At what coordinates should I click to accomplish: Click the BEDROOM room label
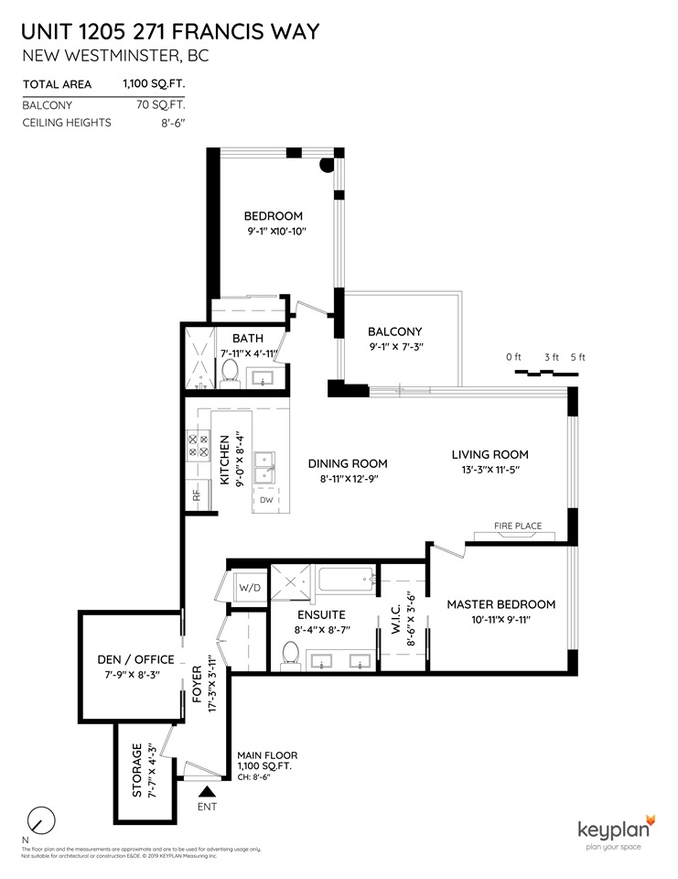tap(273, 216)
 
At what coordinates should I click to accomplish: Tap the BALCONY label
tap(394, 331)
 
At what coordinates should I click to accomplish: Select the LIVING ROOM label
tap(490, 454)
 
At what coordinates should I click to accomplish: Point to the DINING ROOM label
tap(347, 463)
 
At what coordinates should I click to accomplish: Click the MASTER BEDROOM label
tap(500, 604)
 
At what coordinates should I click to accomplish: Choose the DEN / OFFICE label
tap(135, 659)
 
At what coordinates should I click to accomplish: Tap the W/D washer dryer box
tap(249, 587)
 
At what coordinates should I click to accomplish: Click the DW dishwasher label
tap(266, 500)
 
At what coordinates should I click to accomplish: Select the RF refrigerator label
tap(196, 495)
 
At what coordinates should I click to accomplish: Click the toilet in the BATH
tap(230, 372)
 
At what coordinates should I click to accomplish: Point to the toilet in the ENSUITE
tap(291, 653)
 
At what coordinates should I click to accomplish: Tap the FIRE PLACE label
tap(518, 526)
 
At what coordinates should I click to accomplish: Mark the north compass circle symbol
tap(40, 818)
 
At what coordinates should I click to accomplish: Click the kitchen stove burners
tap(197, 445)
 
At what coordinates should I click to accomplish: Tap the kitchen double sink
tap(266, 465)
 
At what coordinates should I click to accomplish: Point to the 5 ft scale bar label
tap(576, 357)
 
